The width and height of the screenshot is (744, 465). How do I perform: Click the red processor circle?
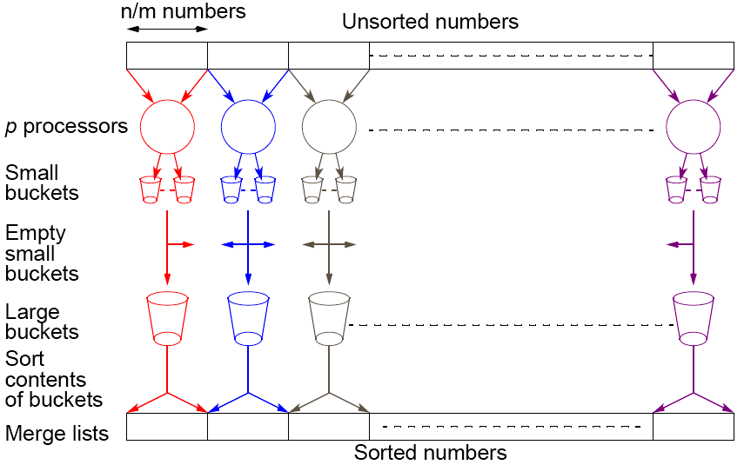167,126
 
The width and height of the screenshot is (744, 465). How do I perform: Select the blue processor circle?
248,126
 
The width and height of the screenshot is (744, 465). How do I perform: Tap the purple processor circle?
694,126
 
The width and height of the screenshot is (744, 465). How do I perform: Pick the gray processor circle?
329,126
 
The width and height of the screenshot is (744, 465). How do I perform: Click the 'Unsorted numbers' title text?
430,22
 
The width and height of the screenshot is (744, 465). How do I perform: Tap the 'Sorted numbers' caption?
430,453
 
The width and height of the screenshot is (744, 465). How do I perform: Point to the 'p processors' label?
66,127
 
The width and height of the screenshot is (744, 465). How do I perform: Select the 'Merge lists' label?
57,433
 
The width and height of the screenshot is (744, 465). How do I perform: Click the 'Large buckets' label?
42,322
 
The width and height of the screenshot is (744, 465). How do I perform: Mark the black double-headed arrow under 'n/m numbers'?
167,30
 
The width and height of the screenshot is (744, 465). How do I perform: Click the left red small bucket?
150,189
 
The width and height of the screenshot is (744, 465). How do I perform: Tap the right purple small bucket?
710,189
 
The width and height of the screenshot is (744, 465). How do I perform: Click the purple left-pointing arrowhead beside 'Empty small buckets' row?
673,245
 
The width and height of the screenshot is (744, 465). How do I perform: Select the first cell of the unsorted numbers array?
167,56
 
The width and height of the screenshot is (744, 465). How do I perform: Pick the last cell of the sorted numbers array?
693,427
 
